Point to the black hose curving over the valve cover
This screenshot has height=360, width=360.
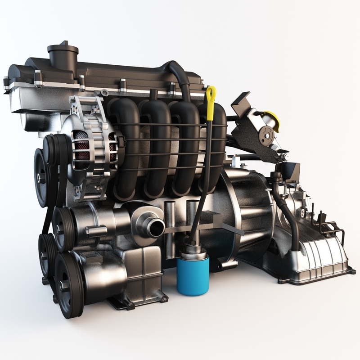pyautogui.click(x=180, y=76)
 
